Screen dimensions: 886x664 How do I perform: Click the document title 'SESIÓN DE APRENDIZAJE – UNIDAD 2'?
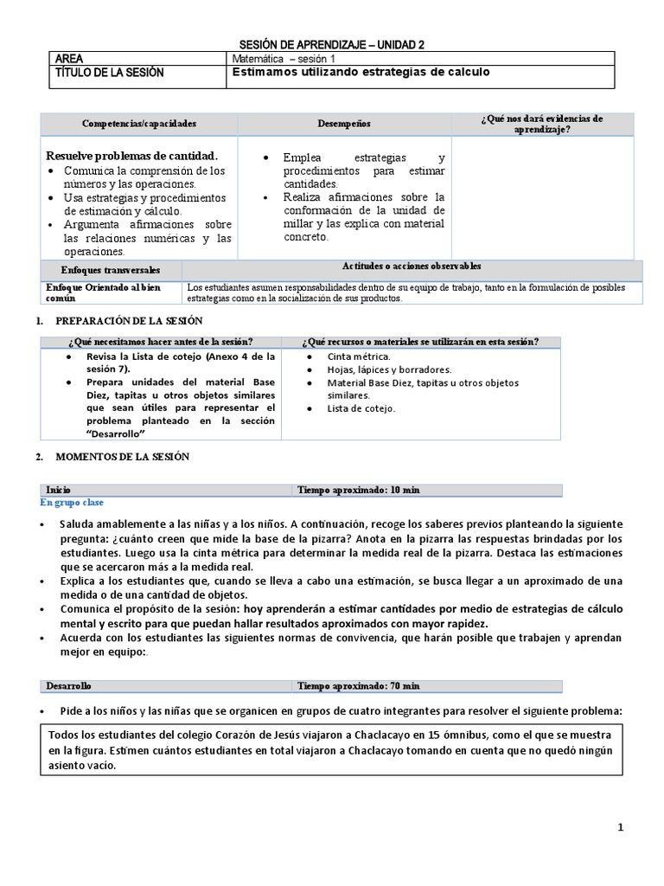tap(331, 45)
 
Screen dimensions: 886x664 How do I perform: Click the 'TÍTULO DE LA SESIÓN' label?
tap(109, 73)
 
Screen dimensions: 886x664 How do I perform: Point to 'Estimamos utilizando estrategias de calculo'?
tap(361, 73)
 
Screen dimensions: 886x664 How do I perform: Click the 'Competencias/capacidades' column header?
tap(139, 124)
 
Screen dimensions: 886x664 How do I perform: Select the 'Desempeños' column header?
tap(343, 124)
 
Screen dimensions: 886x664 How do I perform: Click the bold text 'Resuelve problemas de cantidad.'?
tap(131, 156)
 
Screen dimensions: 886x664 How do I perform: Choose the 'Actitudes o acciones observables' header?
tap(412, 266)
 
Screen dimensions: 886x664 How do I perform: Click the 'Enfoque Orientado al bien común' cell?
tap(103, 292)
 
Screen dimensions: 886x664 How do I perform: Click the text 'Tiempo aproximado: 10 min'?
tap(359, 490)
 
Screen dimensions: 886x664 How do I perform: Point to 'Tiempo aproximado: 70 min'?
tap(359, 686)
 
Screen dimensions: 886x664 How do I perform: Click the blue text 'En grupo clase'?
tap(73, 502)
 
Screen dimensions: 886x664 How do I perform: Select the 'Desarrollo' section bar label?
tap(68, 686)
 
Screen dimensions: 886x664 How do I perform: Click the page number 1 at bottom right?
tap(620, 828)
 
